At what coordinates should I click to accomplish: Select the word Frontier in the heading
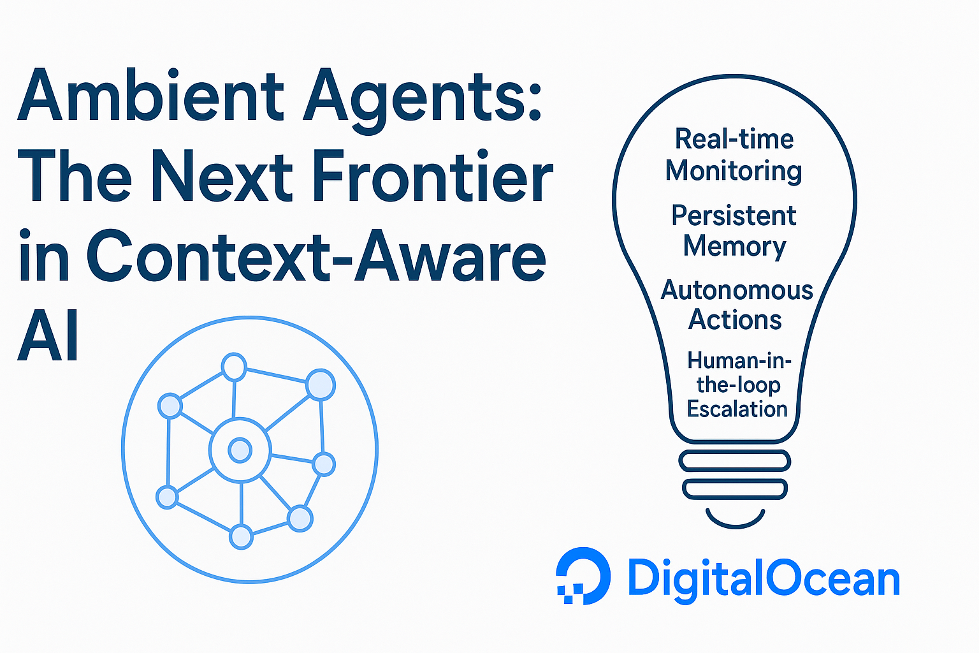pos(433,175)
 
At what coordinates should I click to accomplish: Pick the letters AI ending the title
pos(48,335)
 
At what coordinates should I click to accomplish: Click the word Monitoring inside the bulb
pos(734,170)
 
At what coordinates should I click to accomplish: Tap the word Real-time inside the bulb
pos(734,139)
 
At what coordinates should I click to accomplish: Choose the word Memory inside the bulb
pos(734,247)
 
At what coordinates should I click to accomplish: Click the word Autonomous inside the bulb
pos(736,290)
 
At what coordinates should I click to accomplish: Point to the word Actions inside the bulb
pos(735,319)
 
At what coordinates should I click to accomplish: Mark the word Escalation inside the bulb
pos(737,409)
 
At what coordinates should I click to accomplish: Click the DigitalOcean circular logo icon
pos(583,576)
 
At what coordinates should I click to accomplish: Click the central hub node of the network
pos(240,450)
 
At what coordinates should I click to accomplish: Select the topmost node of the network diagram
pos(235,367)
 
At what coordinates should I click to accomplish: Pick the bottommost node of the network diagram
pos(242,537)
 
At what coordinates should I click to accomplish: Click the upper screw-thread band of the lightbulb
pos(735,460)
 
